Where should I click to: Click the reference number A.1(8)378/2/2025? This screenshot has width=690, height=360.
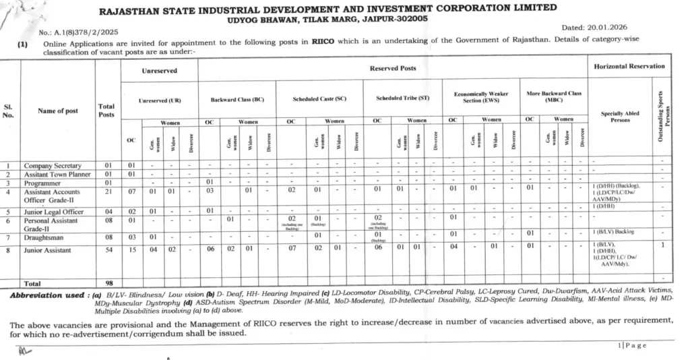80,32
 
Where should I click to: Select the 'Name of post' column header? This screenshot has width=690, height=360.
57,111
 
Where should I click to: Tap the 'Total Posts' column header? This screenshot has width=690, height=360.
106,111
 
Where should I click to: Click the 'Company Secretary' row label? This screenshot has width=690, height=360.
53,165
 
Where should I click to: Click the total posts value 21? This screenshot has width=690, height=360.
107,191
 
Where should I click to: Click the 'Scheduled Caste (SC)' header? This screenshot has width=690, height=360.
319,99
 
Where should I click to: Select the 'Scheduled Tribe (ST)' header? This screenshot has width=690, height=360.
403,98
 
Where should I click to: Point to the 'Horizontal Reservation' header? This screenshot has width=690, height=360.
629,66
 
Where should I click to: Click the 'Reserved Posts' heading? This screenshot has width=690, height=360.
393,68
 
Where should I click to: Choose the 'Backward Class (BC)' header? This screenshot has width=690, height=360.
237,99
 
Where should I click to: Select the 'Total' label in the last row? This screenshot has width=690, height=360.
34,284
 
